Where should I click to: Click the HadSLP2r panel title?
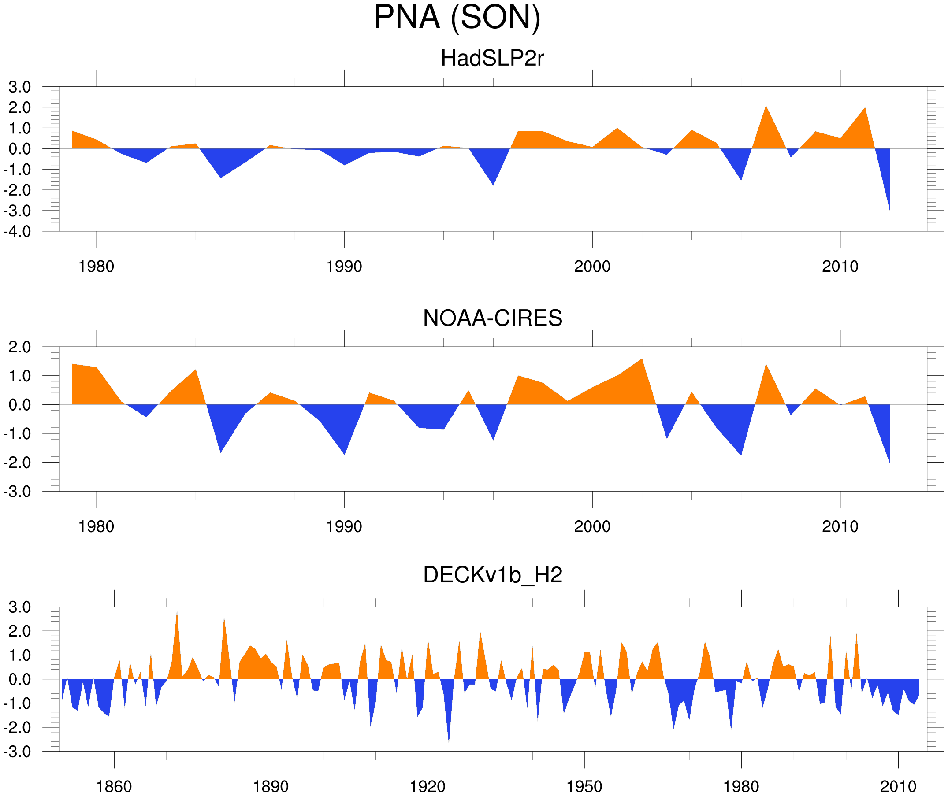[492, 59]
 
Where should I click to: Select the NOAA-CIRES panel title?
[492, 318]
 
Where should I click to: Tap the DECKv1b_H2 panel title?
[492, 575]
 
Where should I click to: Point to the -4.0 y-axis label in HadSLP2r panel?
[17, 232]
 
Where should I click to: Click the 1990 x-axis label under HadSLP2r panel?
[344, 267]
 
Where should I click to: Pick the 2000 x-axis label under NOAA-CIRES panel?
[592, 526]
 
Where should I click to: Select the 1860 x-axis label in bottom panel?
[114, 786]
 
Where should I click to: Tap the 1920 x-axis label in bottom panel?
[427, 786]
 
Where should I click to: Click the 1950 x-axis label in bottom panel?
[584, 786]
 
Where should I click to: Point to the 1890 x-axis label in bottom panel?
[271, 786]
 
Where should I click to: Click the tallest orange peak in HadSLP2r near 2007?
[766, 108]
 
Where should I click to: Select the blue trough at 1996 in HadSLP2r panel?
[493, 183]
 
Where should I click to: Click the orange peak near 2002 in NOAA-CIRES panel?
[642, 361]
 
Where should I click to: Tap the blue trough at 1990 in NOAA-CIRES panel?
[345, 452]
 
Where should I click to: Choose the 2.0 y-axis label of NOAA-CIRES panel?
[19, 347]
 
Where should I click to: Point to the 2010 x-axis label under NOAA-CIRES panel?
[840, 526]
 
